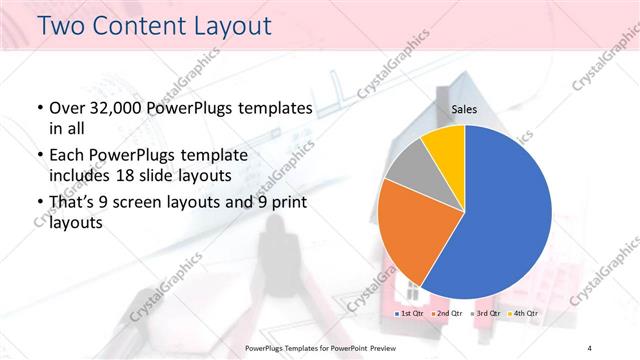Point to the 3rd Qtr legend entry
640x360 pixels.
point(488,313)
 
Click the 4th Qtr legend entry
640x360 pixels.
point(527,313)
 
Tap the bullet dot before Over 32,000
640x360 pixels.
point(38,108)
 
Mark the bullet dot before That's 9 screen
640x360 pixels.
point(38,206)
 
